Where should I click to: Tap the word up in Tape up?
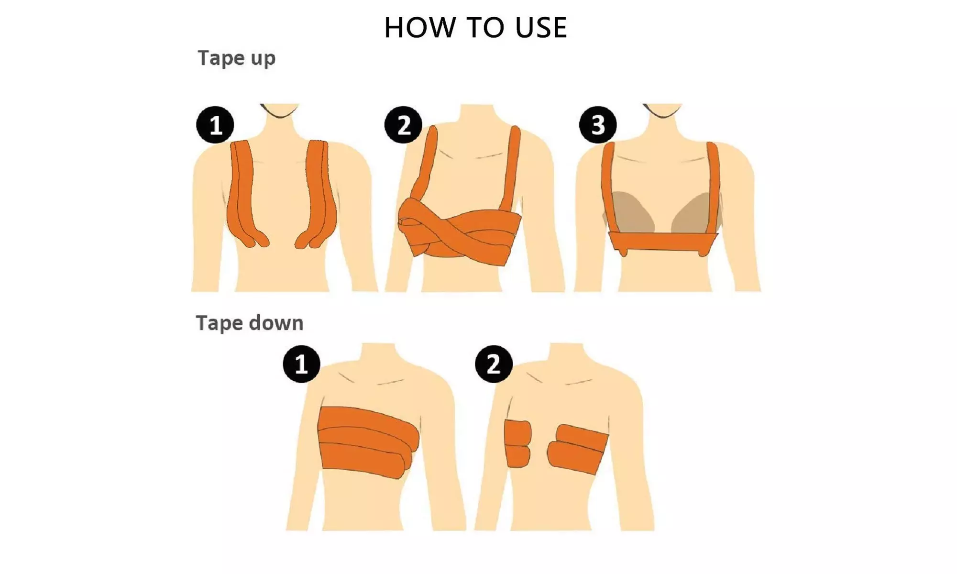(263, 59)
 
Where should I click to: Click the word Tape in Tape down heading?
(220, 323)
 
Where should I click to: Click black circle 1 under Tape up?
(215, 125)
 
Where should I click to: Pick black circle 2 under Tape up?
(403, 125)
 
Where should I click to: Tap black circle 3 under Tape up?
(598, 125)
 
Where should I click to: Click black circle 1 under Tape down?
(301, 364)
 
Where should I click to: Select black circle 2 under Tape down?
(494, 364)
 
